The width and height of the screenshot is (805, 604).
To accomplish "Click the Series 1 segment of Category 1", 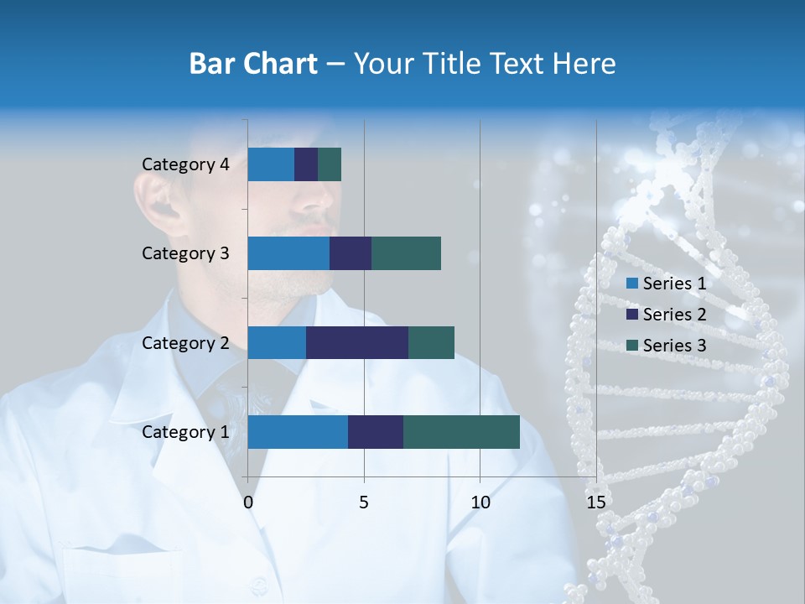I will [298, 432].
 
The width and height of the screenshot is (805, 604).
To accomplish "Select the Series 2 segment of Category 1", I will [376, 432].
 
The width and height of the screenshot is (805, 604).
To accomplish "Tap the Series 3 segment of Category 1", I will [461, 432].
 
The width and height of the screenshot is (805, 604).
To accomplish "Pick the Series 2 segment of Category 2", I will [357, 342].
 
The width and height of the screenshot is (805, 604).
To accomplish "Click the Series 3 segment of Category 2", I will [431, 342].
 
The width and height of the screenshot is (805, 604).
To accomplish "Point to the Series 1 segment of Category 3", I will [288, 253].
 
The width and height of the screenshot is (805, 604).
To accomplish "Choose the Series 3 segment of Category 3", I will [406, 253].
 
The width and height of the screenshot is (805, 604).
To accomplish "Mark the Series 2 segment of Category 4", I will [306, 164].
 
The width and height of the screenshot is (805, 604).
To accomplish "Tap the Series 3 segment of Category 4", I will [330, 164].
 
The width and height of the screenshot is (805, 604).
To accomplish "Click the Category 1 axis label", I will [185, 432].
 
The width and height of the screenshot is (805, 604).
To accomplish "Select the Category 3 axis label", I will [185, 253].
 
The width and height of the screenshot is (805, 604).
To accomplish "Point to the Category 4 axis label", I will [185, 164].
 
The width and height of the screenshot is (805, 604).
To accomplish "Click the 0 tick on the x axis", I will [248, 502].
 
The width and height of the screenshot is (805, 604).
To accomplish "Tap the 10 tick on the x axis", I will [480, 502].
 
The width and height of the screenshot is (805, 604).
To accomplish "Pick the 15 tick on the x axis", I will [595, 502].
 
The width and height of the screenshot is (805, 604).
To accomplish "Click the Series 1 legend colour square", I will [632, 284].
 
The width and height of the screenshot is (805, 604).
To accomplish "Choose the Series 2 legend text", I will [674, 315].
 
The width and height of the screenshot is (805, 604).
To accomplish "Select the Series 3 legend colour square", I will [632, 346].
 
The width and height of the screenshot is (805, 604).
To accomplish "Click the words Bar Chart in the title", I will [253, 64].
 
